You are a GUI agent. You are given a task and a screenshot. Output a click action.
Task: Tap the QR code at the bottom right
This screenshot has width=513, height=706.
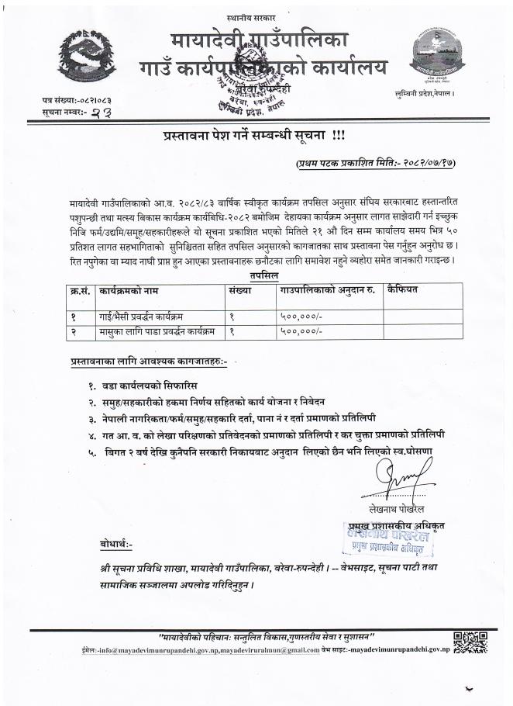pyautogui.click(x=470, y=641)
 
